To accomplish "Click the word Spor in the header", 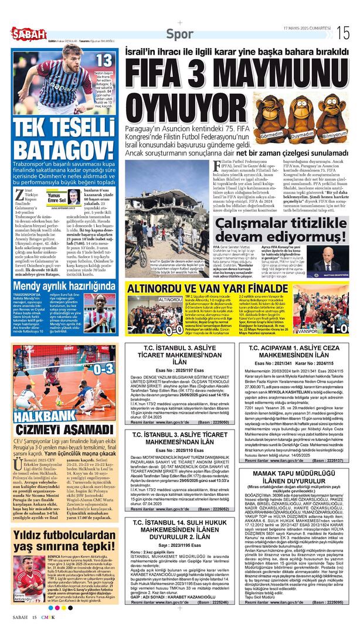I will (179, 34).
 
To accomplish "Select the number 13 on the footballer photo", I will (104, 60).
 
